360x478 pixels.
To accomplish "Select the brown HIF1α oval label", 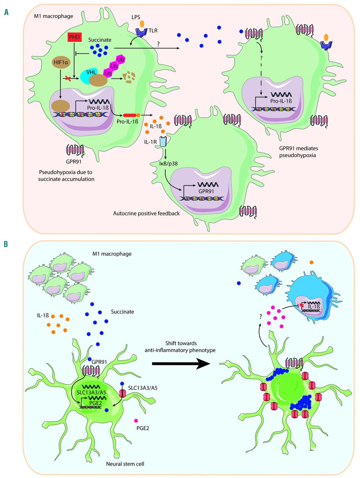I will coord(61,63).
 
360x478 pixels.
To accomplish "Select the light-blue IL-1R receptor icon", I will coord(163,142).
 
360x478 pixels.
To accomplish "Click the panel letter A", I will coord(7,12).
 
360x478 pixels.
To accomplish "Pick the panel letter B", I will coord(6,244).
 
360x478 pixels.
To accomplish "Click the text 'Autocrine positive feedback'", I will coord(147,214).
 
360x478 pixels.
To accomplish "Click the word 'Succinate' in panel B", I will coord(122,311).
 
